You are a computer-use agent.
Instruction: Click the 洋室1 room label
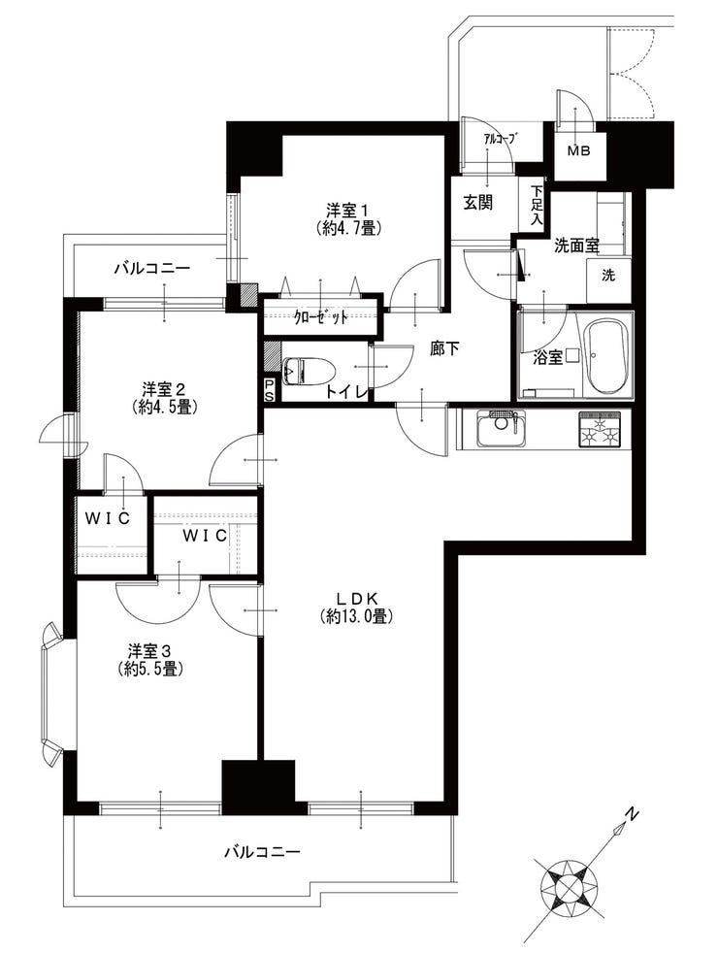coord(346,209)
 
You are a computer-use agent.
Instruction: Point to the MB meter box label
coord(577,149)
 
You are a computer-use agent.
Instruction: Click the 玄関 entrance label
coord(477,203)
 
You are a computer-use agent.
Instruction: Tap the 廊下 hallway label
coord(444,350)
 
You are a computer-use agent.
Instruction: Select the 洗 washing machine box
coord(608,275)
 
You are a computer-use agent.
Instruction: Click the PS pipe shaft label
coord(270,389)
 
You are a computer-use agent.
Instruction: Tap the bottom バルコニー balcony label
coord(262,853)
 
